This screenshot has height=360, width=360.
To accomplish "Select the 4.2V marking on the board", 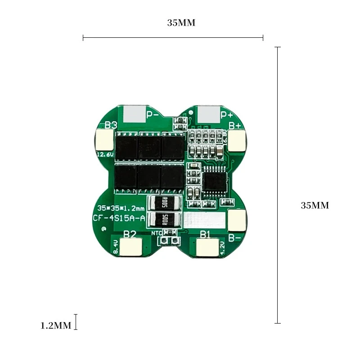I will pyautogui.click(x=222, y=247).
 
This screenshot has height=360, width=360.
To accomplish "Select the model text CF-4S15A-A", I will pyautogui.click(x=119, y=219).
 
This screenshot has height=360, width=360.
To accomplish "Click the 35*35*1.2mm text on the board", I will pyautogui.click(x=121, y=208).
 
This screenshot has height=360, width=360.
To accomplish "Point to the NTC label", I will pyautogui.click(x=157, y=233).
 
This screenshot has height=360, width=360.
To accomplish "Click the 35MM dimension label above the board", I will pyautogui.click(x=181, y=23).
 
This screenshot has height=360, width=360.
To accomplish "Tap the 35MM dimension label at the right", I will pyautogui.click(x=315, y=206).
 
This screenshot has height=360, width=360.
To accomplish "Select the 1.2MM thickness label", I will pyautogui.click(x=56, y=325).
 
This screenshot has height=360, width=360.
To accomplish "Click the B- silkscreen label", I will pyautogui.click(x=234, y=238).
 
